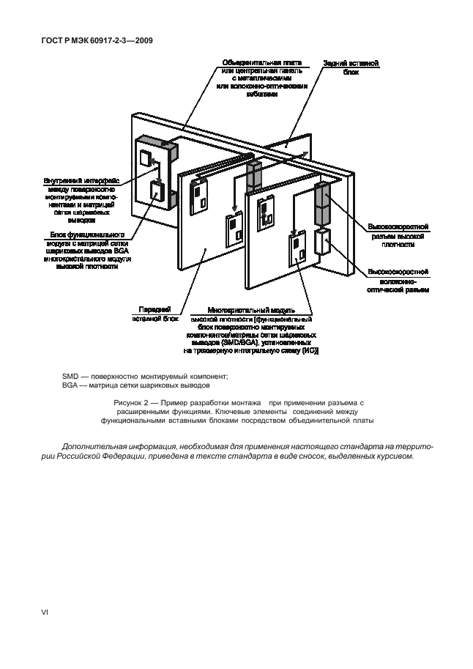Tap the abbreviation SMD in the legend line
point(71,376)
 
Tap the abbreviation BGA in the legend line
point(71,385)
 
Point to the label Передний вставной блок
point(155,314)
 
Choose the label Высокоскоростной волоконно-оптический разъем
point(396,281)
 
